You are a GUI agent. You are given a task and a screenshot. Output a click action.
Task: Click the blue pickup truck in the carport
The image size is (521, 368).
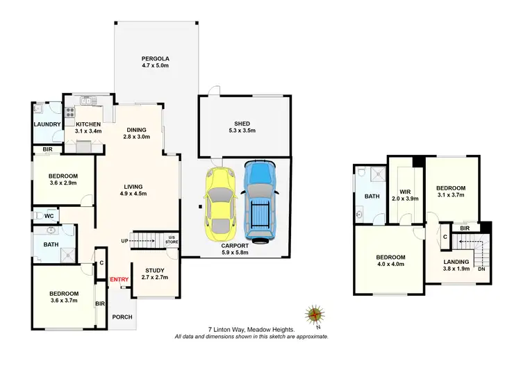click(x=260, y=201)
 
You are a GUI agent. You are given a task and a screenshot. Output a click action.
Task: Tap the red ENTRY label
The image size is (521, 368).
click(x=119, y=279)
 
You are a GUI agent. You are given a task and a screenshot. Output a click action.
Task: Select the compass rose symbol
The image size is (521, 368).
click(x=315, y=315)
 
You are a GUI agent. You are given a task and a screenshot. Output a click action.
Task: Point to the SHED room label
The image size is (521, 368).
click(x=242, y=124)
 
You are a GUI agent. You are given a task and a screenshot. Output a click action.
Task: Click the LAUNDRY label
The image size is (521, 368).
click(x=47, y=124)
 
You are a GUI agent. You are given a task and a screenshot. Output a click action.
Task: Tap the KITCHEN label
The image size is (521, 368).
click(x=88, y=123)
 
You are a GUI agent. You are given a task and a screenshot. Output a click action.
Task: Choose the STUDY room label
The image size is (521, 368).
click(x=155, y=271)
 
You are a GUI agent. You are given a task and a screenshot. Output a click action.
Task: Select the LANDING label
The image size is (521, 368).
click(x=456, y=262)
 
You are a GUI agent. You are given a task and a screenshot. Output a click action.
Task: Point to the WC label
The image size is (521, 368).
click(x=49, y=217)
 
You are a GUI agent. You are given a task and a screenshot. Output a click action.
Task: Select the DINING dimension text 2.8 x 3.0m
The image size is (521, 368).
click(x=137, y=137)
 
